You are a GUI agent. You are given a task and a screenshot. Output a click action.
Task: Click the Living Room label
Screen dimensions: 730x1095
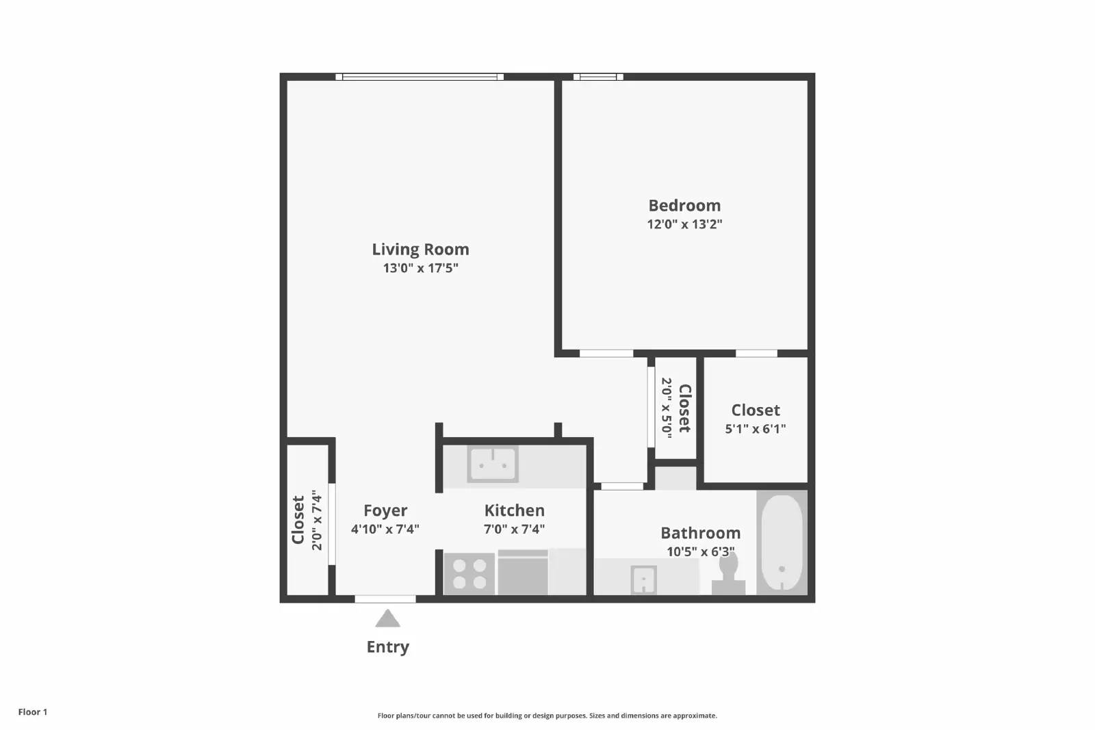point(420,249)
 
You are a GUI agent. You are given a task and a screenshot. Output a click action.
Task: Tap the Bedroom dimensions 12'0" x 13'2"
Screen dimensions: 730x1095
point(684,224)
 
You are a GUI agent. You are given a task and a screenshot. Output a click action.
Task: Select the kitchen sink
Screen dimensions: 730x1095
point(493,465)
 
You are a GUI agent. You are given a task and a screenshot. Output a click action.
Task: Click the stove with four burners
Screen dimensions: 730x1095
point(469,573)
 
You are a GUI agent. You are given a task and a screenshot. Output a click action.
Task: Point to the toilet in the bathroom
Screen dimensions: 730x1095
point(728,575)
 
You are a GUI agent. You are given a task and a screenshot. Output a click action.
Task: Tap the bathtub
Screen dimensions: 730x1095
point(782,542)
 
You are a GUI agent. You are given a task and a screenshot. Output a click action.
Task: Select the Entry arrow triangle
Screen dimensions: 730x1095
point(387,619)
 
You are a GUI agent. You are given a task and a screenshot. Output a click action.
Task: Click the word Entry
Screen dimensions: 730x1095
point(387,647)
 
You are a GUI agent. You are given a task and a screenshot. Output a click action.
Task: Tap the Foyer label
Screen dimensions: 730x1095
point(385,510)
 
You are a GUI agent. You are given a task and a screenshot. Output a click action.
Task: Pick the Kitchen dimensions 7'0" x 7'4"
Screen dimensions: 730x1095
point(514,529)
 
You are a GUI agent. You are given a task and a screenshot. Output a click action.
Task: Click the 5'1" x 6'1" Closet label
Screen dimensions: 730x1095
point(756,410)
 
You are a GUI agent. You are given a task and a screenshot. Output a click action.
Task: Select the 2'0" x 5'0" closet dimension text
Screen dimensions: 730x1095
point(666,408)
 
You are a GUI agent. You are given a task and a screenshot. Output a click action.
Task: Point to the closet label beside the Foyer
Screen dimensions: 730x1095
point(298,520)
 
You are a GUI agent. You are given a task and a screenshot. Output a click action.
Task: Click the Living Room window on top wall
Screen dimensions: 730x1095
point(420,77)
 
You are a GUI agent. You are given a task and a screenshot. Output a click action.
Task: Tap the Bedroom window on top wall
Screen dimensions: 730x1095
point(598,77)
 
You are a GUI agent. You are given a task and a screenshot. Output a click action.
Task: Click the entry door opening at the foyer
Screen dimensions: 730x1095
point(385,599)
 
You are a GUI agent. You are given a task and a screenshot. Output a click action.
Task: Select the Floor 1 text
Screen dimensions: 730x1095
point(33,712)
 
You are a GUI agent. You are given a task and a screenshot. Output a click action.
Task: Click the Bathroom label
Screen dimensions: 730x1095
point(700,533)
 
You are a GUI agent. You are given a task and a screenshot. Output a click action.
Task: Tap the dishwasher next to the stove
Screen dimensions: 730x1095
point(523,573)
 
